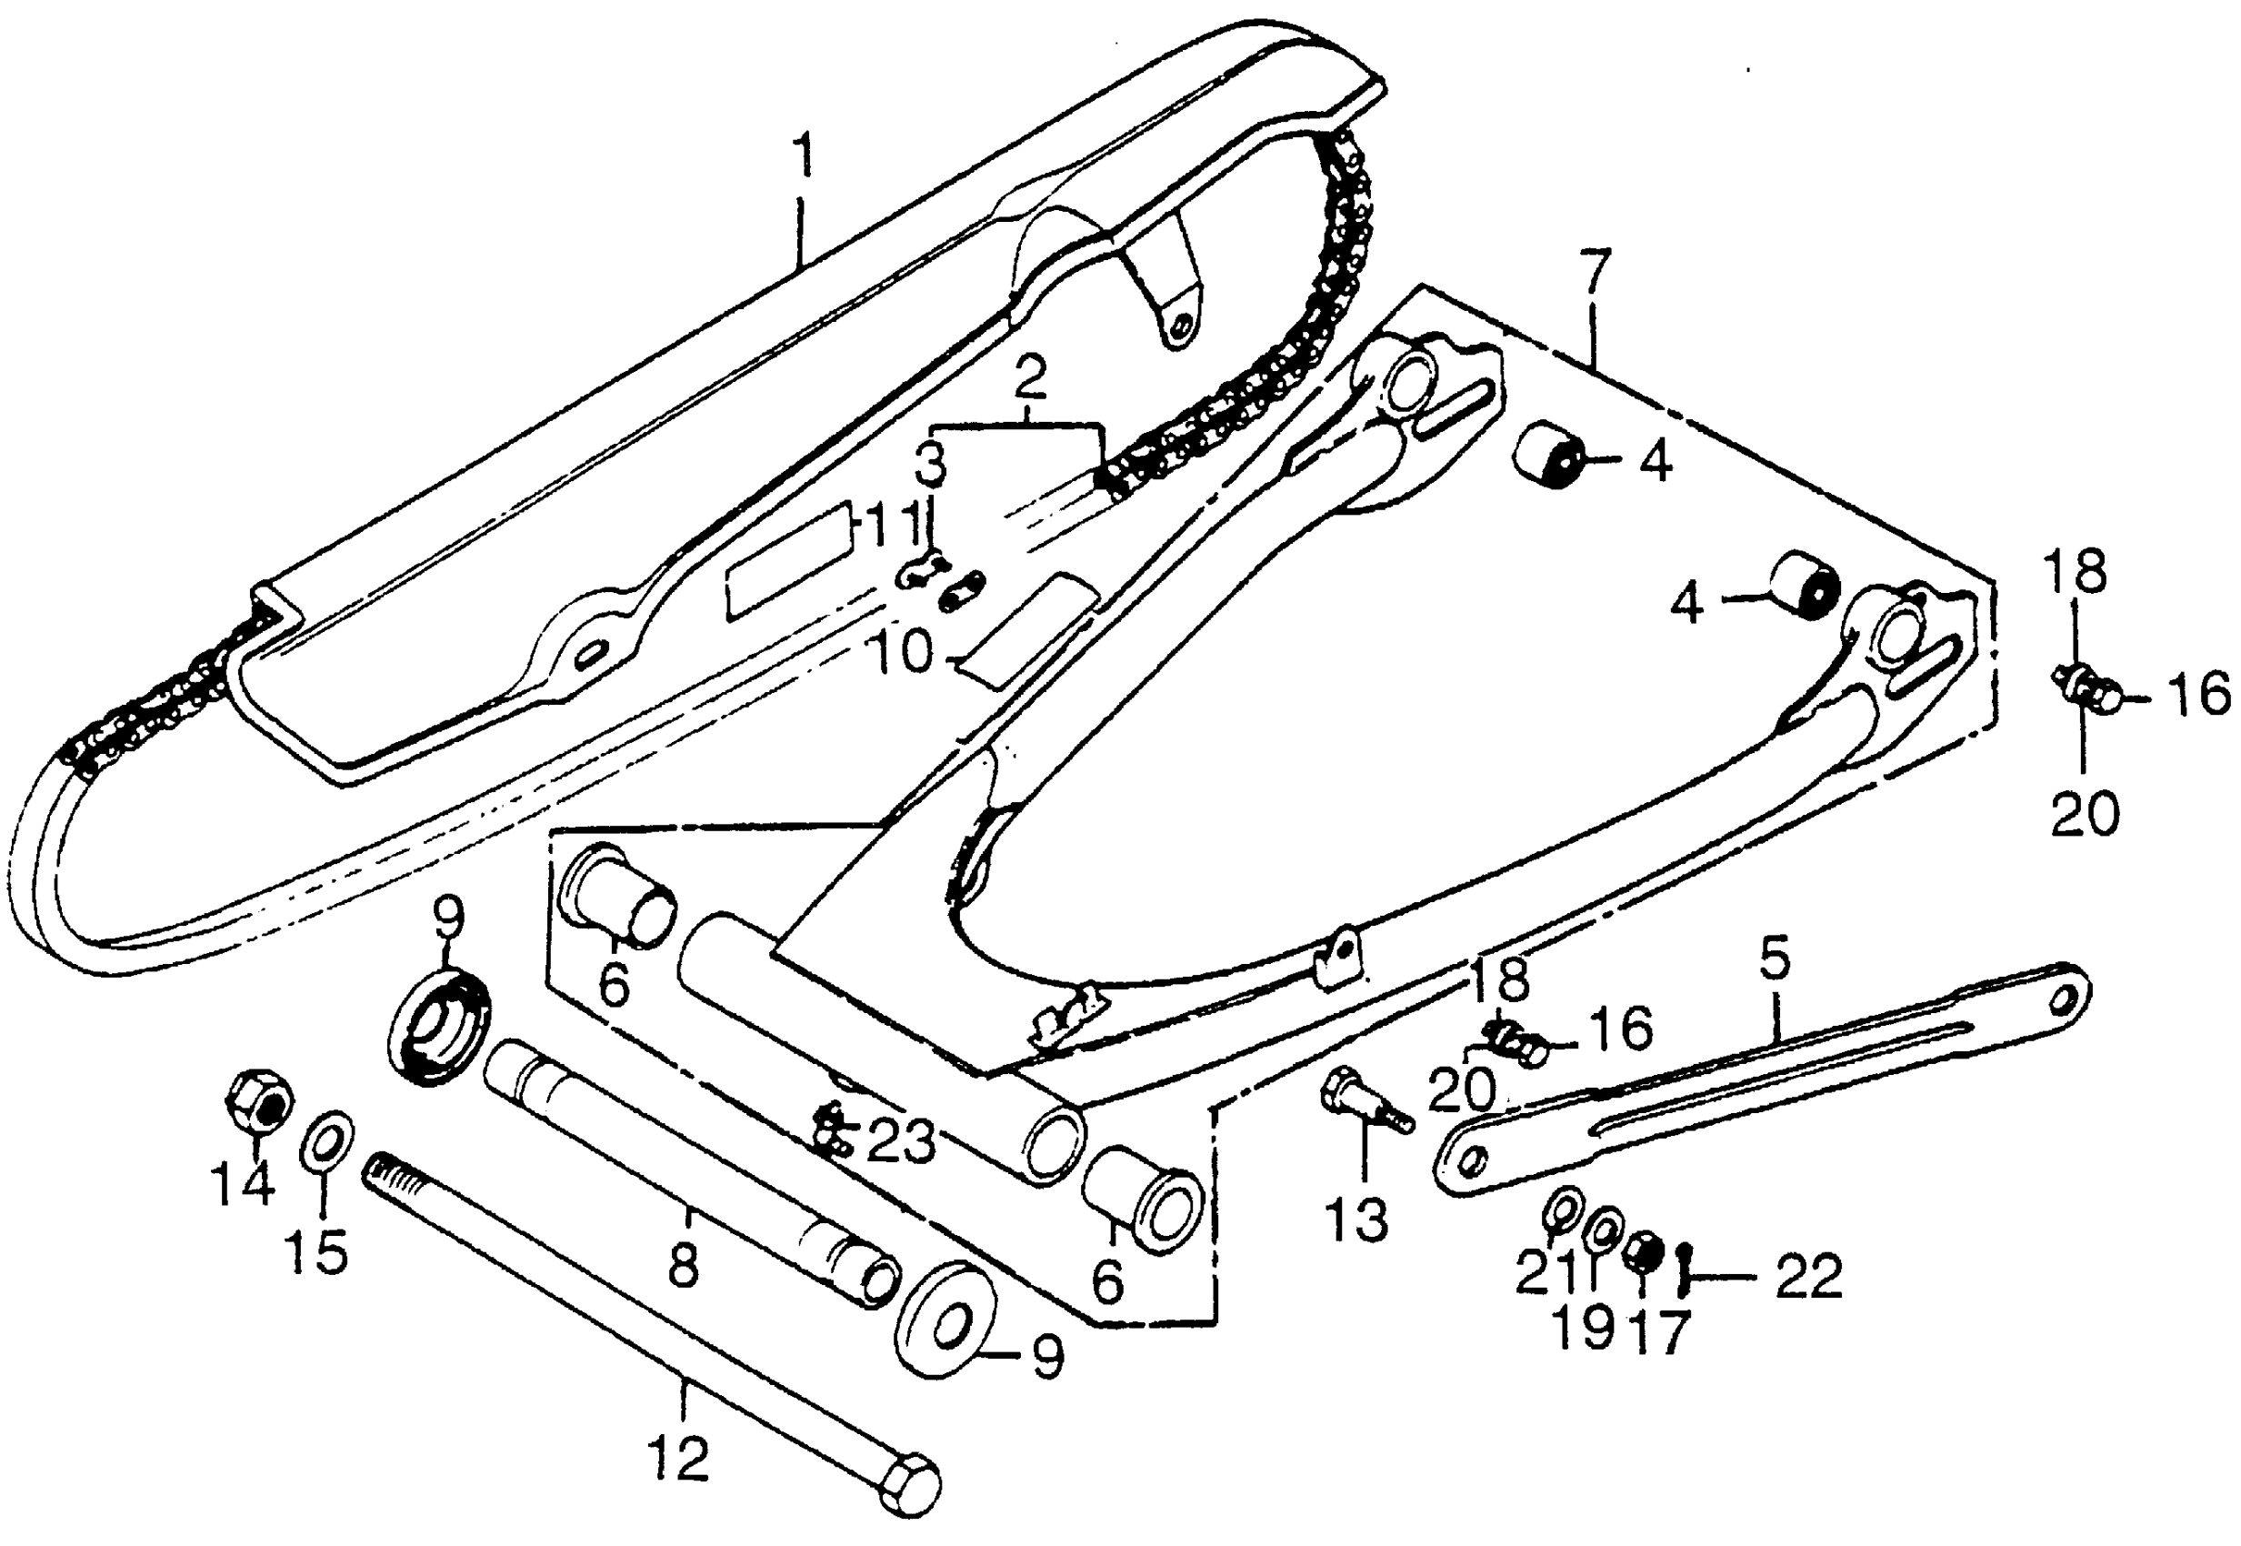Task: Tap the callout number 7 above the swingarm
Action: (x=1594, y=278)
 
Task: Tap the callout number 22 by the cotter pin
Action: (x=1807, y=1276)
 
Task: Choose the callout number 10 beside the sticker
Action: (x=902, y=654)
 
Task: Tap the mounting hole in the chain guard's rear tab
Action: (x=1178, y=332)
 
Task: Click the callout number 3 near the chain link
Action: (x=931, y=466)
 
